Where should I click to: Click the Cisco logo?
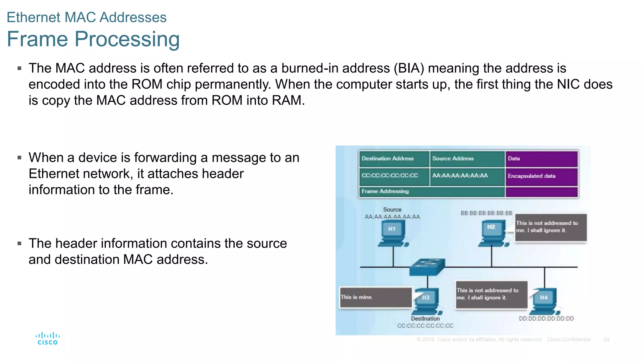47,338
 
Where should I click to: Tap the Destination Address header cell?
394,159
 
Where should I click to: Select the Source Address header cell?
467,159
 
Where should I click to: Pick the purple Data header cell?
541,159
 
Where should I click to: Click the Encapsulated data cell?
541,176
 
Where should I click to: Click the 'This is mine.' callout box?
376,297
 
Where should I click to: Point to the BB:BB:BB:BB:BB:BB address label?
486,213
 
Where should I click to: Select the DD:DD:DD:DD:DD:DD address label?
546,319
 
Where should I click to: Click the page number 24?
606,340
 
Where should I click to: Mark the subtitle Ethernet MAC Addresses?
87,17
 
